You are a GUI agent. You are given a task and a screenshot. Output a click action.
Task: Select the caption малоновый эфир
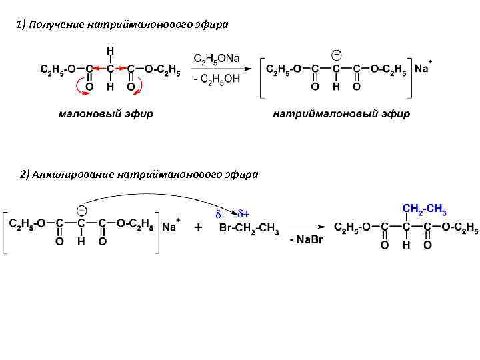point(106,114)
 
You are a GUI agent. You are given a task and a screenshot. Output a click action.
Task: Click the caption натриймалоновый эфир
point(341,114)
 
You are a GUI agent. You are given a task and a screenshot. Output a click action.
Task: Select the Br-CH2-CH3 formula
point(250,229)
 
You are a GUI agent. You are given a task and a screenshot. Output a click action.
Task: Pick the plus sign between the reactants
point(198,228)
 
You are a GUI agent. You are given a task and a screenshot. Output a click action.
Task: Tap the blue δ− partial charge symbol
point(221,214)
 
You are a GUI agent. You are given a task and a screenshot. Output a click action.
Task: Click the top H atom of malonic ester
point(110,51)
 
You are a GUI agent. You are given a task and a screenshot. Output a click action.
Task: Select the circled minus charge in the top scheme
point(337,53)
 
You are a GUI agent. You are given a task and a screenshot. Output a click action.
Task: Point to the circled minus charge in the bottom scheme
point(80,209)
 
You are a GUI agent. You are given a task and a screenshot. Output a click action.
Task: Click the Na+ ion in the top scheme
point(423,68)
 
